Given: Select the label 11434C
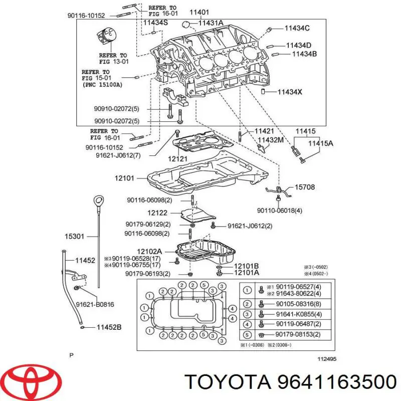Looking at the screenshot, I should (x=297, y=28).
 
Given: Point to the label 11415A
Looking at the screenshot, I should (x=320, y=143).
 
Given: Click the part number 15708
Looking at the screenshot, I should (x=304, y=187).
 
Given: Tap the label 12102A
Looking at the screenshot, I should (x=150, y=252).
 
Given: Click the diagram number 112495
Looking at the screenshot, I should (x=327, y=358).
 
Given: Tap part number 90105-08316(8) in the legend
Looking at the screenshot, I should (x=299, y=304).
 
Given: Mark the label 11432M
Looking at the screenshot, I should (x=270, y=140).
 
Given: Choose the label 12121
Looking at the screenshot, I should (x=177, y=158).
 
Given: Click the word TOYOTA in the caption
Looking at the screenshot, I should (x=226, y=382).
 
